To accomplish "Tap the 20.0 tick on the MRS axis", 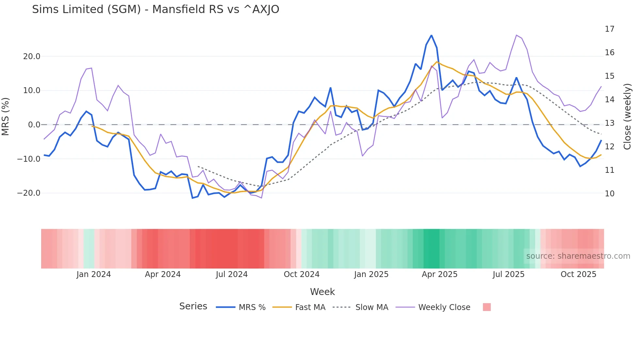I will click(x=32, y=57).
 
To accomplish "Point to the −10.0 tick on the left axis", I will click(x=29, y=159).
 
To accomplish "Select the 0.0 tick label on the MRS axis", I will click(x=34, y=125).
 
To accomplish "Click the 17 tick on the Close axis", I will click(x=609, y=29).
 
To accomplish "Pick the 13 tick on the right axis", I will click(x=609, y=123).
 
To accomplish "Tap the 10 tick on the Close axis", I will click(x=609, y=194).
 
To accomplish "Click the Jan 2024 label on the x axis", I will click(x=94, y=274).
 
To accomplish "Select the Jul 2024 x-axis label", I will click(x=232, y=274).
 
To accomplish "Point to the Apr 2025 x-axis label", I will click(x=440, y=274).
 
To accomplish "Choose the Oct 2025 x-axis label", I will click(x=578, y=274).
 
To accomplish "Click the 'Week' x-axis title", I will click(x=322, y=292).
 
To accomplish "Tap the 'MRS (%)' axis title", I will click(x=6, y=117).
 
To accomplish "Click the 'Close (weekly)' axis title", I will click(x=627, y=117).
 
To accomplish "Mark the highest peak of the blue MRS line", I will click(x=431, y=35).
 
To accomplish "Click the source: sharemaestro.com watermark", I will click(x=578, y=256).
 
